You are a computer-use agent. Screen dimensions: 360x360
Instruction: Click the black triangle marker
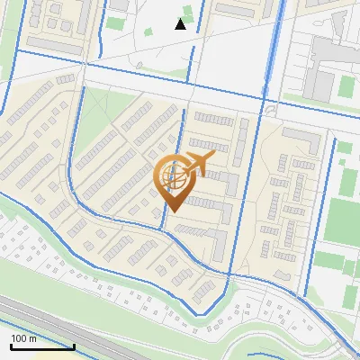tap(181, 24)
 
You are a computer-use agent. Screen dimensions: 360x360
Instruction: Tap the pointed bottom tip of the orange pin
tap(174, 211)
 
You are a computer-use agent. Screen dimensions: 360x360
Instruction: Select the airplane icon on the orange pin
tap(199, 162)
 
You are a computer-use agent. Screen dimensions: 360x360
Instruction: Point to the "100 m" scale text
tap(23, 338)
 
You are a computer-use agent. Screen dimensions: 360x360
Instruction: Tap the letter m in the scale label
tap(32, 338)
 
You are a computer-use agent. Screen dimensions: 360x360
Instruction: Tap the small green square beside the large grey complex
tap(346, 87)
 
